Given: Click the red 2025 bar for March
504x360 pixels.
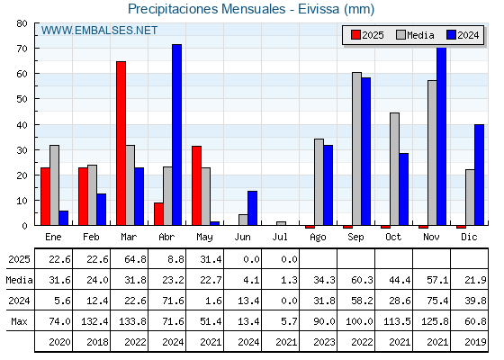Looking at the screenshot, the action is click(121, 143).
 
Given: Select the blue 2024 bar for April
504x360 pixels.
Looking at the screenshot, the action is click(176, 135).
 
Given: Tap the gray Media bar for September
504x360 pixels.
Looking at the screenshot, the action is click(356, 148).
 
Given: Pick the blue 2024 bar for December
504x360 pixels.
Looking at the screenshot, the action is click(479, 175).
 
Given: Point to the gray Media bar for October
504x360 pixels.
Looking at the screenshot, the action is click(395, 169).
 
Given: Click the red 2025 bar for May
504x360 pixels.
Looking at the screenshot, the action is click(197, 185).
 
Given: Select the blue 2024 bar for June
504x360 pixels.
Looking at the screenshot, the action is click(252, 208).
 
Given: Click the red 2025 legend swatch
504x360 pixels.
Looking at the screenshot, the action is click(355, 35).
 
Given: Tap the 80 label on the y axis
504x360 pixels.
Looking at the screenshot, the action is click(22, 23).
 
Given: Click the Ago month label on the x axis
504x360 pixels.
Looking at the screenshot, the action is click(318, 238).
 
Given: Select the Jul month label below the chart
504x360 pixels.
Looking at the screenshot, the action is click(280, 237).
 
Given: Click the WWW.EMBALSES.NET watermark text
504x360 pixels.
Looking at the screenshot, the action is click(99, 31).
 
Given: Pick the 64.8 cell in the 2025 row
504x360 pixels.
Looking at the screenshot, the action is click(135, 259).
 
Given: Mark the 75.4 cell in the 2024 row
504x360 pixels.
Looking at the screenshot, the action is click(437, 301).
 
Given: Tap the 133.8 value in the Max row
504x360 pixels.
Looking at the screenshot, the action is click(133, 321).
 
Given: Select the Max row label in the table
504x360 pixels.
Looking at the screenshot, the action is click(19, 321).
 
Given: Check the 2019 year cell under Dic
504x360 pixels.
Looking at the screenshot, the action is click(475, 342).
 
